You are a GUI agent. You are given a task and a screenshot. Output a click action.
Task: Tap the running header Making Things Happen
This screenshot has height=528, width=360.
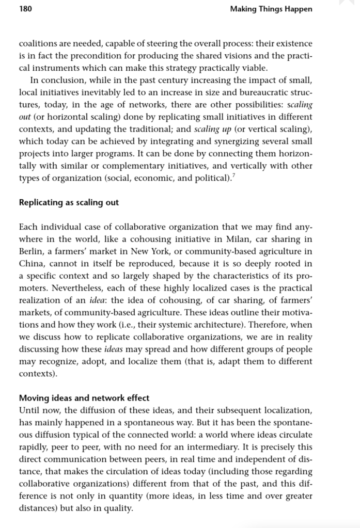click(271, 9)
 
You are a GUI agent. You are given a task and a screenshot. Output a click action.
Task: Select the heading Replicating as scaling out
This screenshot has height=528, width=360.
click(69, 202)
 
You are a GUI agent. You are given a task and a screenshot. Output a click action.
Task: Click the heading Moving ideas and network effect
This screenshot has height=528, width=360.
click(84, 398)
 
